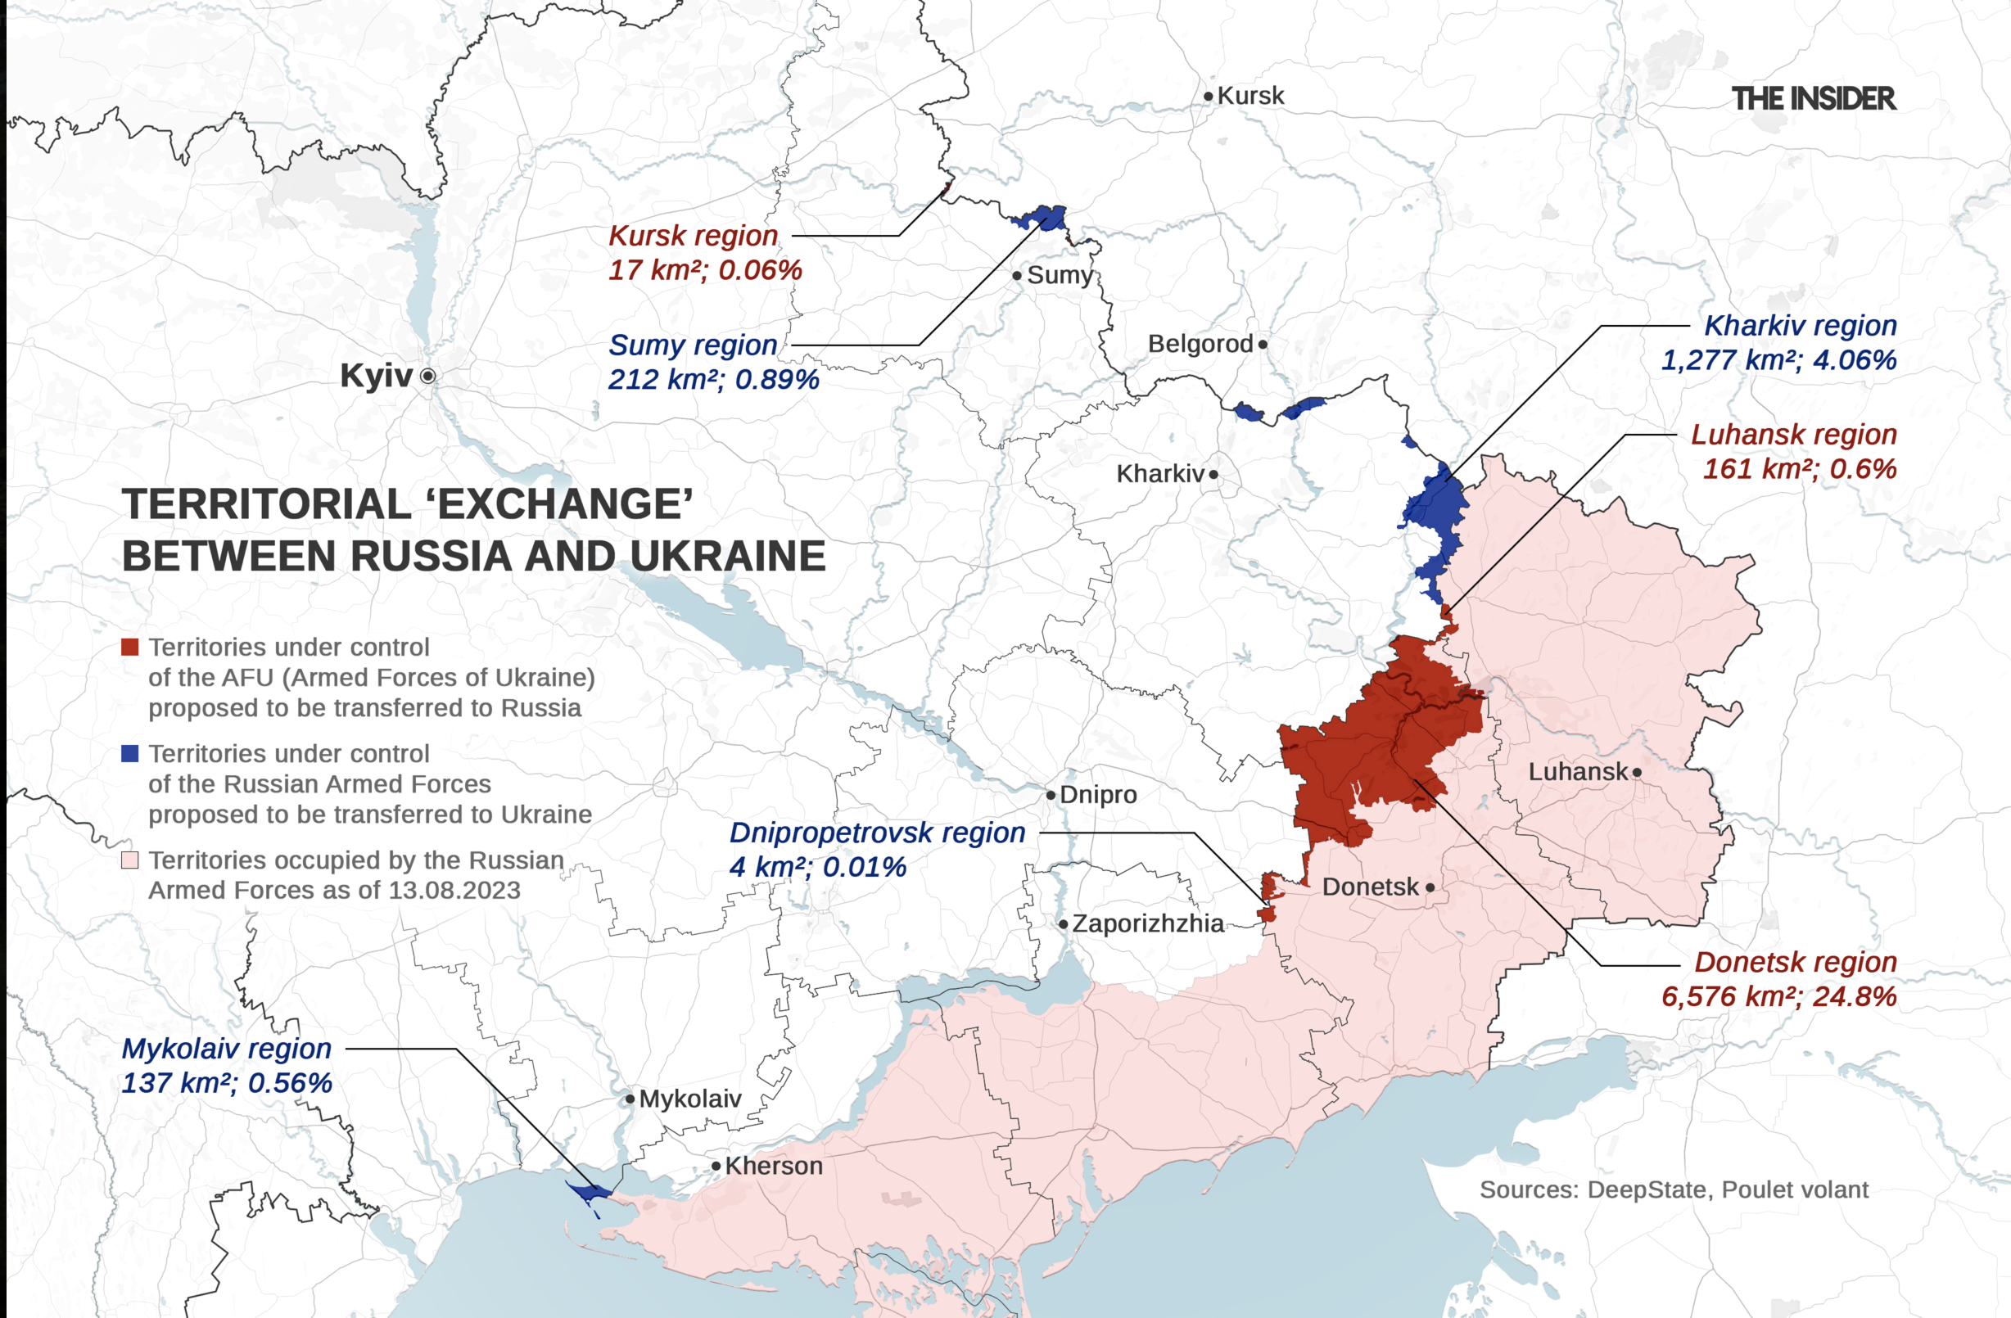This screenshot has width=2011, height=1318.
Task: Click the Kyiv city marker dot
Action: (x=428, y=376)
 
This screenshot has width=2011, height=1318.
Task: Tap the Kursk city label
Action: (x=1250, y=96)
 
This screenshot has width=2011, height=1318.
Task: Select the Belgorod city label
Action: (x=1200, y=344)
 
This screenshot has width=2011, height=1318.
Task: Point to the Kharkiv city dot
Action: (x=1213, y=475)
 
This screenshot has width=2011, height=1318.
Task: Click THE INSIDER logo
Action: (x=1814, y=99)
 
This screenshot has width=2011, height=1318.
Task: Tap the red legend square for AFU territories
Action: (x=130, y=648)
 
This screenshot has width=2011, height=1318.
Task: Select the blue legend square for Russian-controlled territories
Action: (x=130, y=754)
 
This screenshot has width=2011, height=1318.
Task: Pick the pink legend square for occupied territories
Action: (x=130, y=860)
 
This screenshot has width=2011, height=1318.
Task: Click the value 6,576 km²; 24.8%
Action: (x=1778, y=997)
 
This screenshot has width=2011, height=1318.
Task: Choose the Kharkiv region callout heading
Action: (x=1800, y=325)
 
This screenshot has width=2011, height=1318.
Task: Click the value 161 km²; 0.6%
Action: (x=1799, y=469)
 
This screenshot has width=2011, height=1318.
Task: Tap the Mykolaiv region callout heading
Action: (x=227, y=1049)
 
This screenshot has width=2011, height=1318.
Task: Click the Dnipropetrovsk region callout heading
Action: (x=877, y=833)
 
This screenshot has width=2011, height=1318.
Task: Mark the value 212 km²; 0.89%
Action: (x=713, y=379)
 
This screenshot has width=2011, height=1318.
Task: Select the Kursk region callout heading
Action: (x=693, y=236)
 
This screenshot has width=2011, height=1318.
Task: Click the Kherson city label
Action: (x=773, y=1166)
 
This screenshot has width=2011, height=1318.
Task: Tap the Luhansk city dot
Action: (x=1637, y=772)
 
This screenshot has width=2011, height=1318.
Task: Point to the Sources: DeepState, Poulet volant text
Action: (x=1673, y=1189)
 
